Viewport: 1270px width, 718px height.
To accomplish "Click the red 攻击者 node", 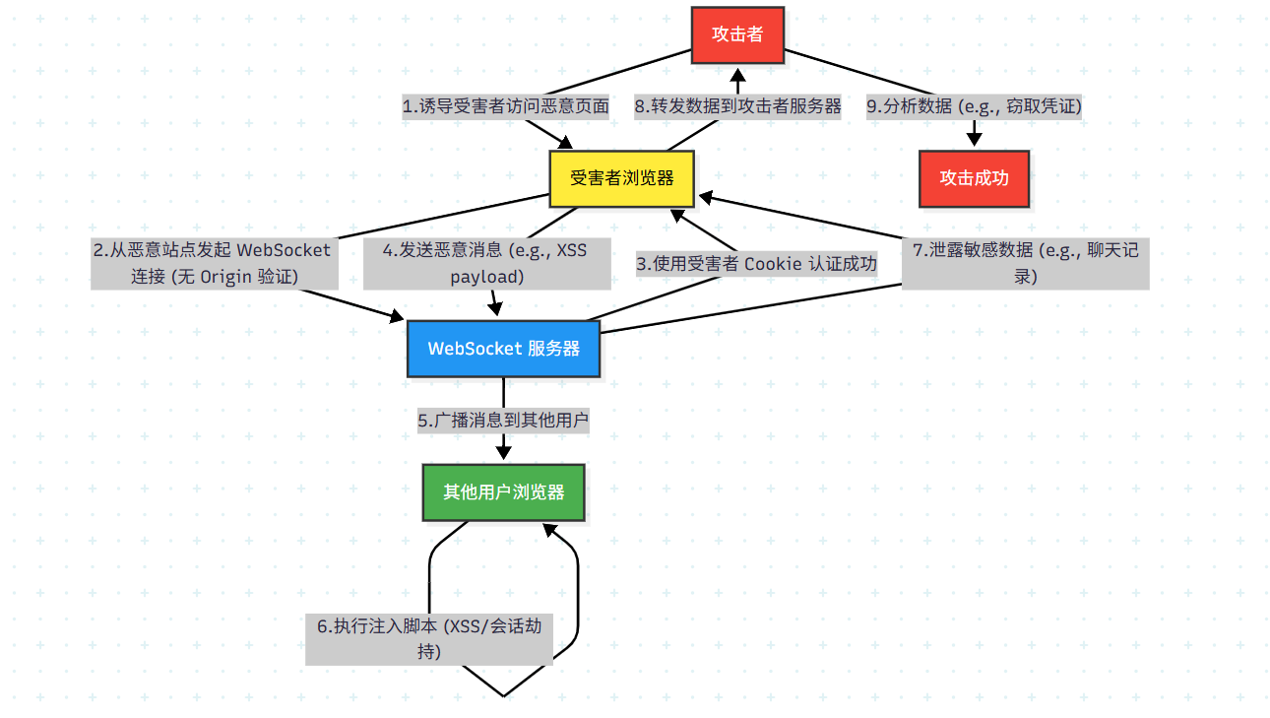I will (738, 34).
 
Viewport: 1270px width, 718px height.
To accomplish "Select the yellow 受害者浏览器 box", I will (621, 178).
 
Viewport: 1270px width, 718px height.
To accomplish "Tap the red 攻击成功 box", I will (974, 178).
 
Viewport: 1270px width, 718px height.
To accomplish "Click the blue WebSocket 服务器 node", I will (503, 349).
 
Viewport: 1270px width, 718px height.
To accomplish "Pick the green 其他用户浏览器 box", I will (503, 491).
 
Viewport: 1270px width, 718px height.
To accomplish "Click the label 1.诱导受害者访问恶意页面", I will (506, 106).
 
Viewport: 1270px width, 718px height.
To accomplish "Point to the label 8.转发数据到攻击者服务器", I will (738, 106).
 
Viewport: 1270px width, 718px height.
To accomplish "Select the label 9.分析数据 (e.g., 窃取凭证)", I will (974, 106).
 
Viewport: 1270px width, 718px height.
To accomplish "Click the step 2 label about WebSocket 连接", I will (213, 263).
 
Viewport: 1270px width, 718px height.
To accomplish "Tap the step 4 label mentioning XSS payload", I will (487, 263).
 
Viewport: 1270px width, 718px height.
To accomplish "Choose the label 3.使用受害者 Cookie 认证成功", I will (756, 264).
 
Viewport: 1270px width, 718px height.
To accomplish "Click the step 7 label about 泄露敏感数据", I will (1025, 263).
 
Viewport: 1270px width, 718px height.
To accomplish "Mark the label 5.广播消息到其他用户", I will (503, 421).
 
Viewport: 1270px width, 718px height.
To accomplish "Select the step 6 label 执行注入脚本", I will (428, 638).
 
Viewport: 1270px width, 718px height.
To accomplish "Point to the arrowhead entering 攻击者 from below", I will (738, 73).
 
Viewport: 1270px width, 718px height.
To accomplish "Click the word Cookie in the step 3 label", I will (773, 264).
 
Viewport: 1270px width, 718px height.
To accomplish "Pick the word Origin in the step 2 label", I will (226, 277).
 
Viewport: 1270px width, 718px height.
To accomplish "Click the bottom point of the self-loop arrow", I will (503, 696).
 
